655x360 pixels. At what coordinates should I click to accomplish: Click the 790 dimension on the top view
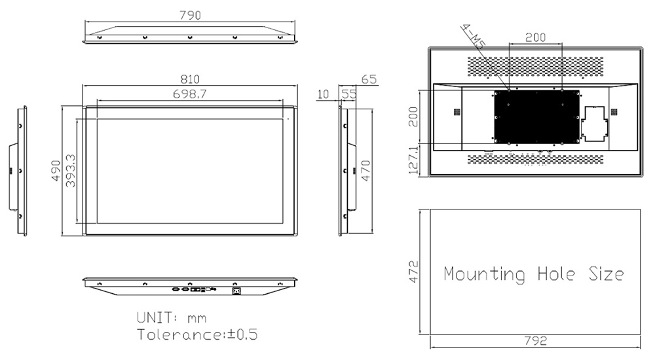(x=190, y=14)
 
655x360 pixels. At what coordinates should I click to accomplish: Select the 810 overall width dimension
(x=190, y=79)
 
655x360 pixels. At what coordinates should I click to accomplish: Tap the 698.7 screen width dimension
(x=190, y=94)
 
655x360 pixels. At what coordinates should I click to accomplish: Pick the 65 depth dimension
(x=369, y=79)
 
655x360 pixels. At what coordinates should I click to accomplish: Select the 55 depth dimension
(x=349, y=94)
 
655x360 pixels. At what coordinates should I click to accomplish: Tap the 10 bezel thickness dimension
(x=324, y=94)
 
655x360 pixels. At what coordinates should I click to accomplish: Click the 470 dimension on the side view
(x=367, y=171)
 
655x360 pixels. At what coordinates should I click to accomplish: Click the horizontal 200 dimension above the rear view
(x=535, y=37)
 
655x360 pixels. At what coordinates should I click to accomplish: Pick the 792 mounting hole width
(x=535, y=341)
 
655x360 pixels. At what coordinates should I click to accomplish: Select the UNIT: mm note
(x=172, y=318)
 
